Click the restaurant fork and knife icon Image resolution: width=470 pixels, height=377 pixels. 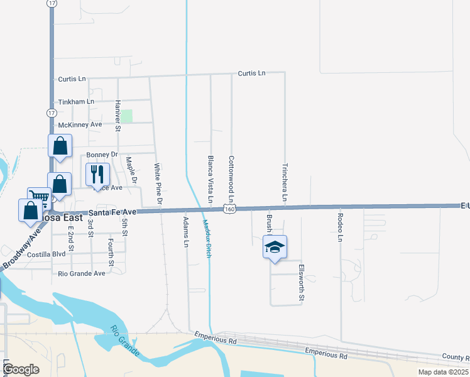97,174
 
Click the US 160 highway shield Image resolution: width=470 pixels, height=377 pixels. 231,209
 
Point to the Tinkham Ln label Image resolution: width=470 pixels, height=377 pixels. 76,101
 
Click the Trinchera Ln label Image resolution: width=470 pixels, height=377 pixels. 285,183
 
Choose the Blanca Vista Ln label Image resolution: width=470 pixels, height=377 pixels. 210,179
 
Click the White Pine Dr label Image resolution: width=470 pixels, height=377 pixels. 158,185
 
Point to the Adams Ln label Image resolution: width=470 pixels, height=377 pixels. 185,232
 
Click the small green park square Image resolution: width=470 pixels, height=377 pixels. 127,116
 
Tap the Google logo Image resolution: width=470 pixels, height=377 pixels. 21,369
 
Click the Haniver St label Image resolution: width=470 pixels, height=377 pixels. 117,116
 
